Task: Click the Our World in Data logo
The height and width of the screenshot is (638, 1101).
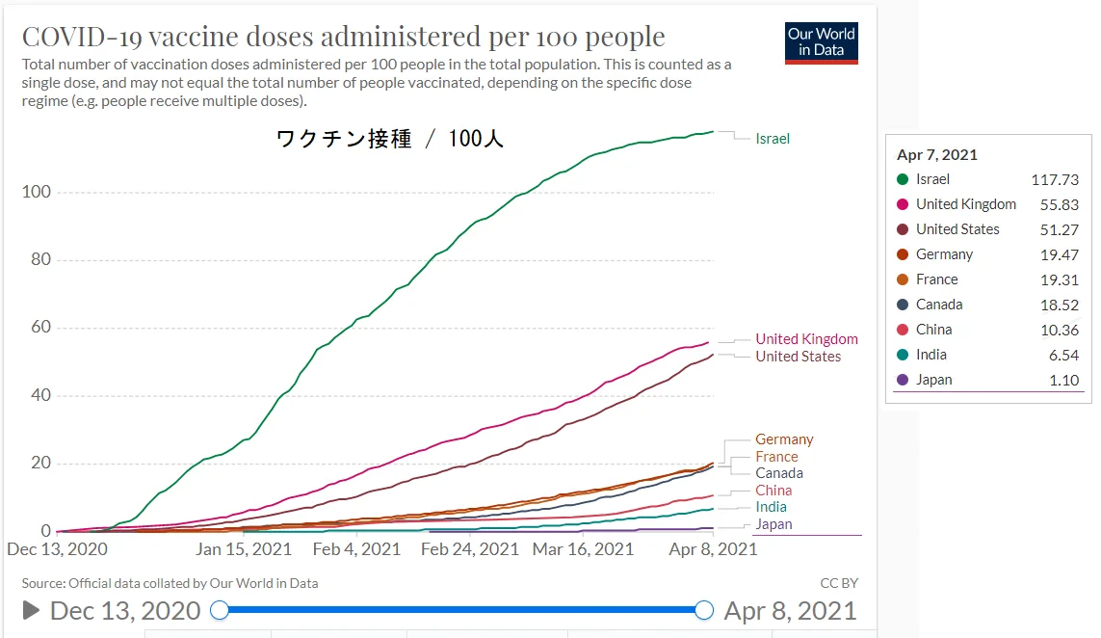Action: (x=822, y=41)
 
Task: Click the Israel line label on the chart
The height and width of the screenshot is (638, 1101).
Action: (x=773, y=139)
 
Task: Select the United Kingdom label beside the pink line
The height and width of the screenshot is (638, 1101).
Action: (x=806, y=339)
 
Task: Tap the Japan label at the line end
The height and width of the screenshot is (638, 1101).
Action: (x=773, y=524)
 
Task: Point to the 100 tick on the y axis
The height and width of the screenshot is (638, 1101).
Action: (x=37, y=192)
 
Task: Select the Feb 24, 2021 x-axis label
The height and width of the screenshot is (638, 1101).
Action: (x=470, y=549)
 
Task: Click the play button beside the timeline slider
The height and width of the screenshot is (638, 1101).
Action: (x=31, y=610)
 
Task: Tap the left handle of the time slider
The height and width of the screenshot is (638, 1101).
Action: (x=220, y=610)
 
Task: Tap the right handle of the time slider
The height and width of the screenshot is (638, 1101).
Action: (x=704, y=610)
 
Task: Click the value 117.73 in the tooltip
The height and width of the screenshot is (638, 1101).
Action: (x=1055, y=179)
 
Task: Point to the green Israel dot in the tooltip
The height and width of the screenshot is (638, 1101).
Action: (x=903, y=179)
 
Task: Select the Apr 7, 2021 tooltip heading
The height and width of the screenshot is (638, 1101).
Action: (x=937, y=154)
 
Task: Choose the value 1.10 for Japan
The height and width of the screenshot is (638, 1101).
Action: (x=1063, y=380)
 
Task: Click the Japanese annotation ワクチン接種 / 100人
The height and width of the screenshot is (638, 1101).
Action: (x=389, y=139)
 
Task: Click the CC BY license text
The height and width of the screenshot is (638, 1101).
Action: (x=838, y=583)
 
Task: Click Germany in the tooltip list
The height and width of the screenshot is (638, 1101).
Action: (x=944, y=254)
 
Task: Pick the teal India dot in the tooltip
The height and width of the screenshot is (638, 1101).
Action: (x=903, y=355)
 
